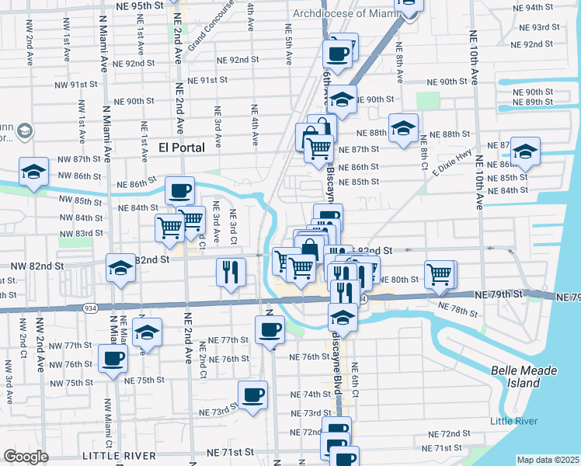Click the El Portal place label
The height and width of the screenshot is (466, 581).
tap(181, 147)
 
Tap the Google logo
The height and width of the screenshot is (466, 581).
tap(26, 457)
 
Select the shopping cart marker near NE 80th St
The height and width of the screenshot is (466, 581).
tap(440, 274)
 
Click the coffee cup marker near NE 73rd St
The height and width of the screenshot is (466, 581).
tap(252, 395)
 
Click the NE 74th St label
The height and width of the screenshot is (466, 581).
tap(308, 395)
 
